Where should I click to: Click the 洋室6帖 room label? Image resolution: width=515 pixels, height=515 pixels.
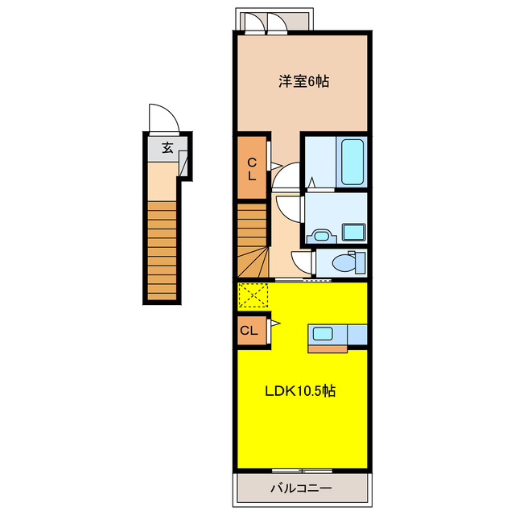pyautogui.click(x=304, y=80)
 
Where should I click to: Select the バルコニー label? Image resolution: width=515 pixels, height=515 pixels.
pyautogui.click(x=300, y=487)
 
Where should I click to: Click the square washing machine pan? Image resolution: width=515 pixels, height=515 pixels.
pyautogui.click(x=353, y=233)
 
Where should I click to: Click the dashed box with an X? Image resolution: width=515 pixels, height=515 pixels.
pyautogui.click(x=254, y=296)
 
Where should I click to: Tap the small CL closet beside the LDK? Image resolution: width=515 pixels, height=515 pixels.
pyautogui.click(x=250, y=330)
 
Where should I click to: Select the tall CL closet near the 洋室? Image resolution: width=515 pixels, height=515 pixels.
pyautogui.click(x=251, y=169)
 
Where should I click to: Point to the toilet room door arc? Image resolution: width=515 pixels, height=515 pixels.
pyautogui.click(x=301, y=262)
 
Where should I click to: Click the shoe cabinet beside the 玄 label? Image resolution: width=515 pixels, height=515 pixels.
pyautogui.click(x=183, y=163)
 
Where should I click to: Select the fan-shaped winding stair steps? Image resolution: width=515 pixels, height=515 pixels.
pyautogui.click(x=253, y=262)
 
